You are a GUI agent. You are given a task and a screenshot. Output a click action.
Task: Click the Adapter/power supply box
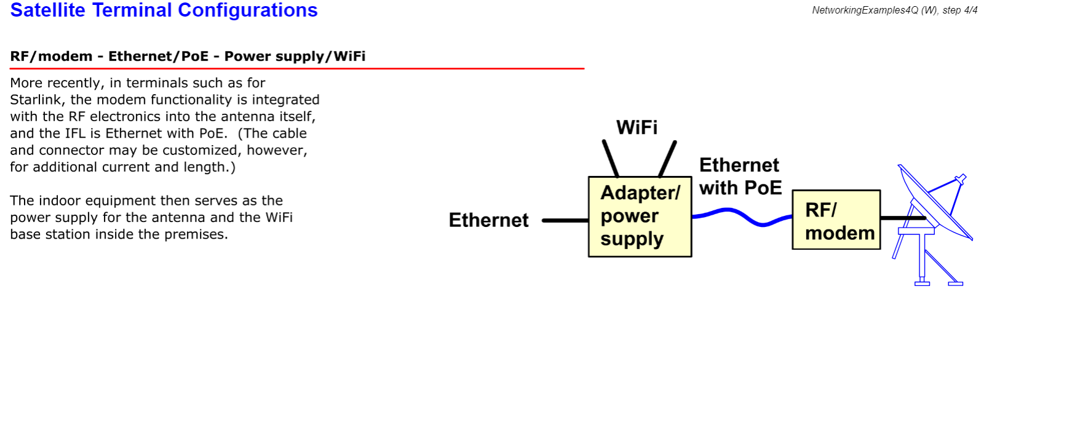click(x=640, y=217)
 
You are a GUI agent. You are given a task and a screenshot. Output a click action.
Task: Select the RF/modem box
click(x=836, y=220)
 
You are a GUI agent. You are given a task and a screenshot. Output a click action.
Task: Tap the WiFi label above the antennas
click(x=637, y=127)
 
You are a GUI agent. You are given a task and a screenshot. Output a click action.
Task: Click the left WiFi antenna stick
click(x=610, y=159)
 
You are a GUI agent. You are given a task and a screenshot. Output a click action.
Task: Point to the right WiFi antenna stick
click(x=668, y=159)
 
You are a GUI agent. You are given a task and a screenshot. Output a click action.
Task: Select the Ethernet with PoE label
click(x=740, y=177)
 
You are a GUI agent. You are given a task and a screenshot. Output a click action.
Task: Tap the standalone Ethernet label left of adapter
click(x=488, y=220)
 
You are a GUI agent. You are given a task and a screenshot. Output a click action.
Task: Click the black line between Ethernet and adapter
click(x=565, y=220)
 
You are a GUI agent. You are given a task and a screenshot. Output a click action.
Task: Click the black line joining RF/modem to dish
click(x=902, y=218)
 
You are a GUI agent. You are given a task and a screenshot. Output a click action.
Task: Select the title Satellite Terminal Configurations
click(x=164, y=10)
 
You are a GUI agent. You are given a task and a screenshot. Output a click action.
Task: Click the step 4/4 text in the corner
click(x=960, y=10)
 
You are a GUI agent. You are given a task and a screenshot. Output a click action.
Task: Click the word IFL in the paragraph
click(x=76, y=133)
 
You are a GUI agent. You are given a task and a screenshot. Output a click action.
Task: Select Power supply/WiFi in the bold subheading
click(x=295, y=57)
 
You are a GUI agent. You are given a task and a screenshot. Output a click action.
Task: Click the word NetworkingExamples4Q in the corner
click(x=865, y=10)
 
